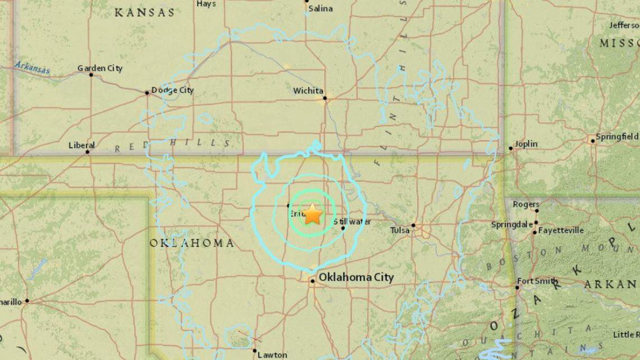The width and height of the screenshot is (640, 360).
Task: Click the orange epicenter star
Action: click(x=312, y=215)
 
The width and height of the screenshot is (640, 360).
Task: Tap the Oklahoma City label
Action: click(x=356, y=277)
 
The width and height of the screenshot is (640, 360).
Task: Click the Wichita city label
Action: click(x=308, y=90)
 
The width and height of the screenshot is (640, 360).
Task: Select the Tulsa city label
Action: click(x=400, y=229)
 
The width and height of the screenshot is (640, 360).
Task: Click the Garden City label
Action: click(x=100, y=69)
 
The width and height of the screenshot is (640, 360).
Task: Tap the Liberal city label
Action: click(x=81, y=144)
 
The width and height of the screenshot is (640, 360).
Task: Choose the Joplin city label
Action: click(x=525, y=144)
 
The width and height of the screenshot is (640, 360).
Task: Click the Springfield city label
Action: click(x=617, y=136)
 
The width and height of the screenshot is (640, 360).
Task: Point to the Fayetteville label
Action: click(x=561, y=230)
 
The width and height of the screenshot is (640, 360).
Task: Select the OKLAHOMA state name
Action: click(x=192, y=243)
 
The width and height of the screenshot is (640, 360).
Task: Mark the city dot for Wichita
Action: click(x=324, y=98)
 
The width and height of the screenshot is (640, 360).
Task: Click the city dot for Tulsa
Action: click(x=413, y=225)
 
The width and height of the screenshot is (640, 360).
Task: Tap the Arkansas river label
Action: click(x=33, y=67)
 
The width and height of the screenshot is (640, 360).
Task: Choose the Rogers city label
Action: click(x=526, y=204)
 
